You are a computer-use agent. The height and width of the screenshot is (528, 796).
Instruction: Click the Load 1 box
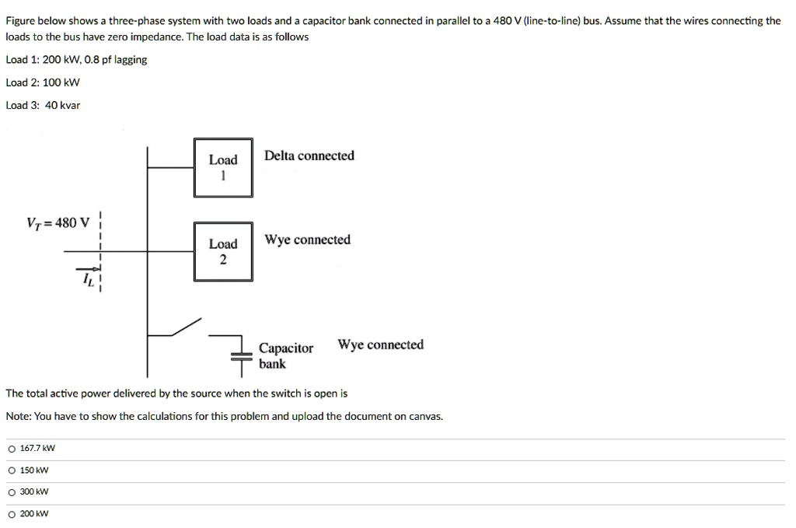click(x=223, y=167)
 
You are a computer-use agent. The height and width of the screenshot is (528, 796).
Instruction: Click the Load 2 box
click(x=223, y=251)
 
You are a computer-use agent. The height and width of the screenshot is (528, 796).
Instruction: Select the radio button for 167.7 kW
click(x=12, y=449)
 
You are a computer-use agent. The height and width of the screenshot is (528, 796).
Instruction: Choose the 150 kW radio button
click(x=12, y=470)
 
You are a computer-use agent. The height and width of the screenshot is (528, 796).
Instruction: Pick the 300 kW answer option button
click(x=12, y=492)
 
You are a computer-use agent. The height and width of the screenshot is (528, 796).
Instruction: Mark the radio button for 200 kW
click(x=12, y=514)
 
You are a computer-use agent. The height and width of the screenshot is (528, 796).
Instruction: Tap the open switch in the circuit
click(x=187, y=327)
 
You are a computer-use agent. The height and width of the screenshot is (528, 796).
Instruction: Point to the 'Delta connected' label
click(x=309, y=156)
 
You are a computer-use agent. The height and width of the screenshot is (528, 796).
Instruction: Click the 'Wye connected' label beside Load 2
click(x=307, y=240)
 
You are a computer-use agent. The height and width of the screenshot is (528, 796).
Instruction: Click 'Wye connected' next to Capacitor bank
click(x=380, y=344)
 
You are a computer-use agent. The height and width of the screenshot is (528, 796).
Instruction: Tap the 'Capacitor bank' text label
click(x=285, y=355)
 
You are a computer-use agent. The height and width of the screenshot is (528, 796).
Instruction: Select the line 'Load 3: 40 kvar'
click(x=43, y=105)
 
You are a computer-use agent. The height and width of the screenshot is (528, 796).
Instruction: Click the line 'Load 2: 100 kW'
click(x=43, y=82)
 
